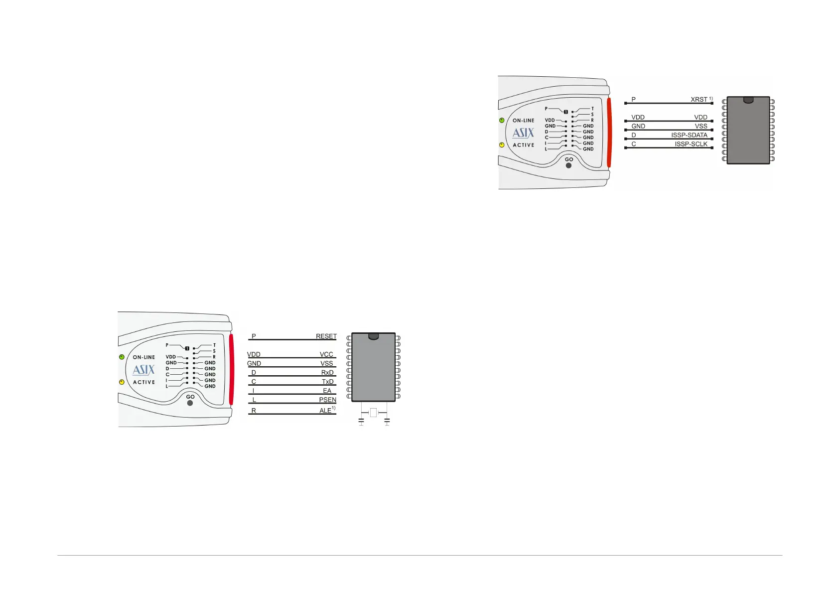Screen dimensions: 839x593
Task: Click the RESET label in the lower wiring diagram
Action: pos(326,336)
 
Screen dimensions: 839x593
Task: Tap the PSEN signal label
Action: pos(327,400)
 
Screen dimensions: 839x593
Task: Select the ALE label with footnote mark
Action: pos(327,410)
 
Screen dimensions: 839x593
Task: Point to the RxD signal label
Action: pos(327,373)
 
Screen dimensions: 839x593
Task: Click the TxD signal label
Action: pos(327,382)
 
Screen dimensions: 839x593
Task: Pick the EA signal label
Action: pos(327,391)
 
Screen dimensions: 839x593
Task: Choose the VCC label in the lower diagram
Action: pos(326,354)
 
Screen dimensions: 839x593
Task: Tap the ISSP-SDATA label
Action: pos(689,135)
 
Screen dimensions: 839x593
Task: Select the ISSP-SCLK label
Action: pos(691,144)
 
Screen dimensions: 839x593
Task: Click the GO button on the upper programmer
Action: pos(568,165)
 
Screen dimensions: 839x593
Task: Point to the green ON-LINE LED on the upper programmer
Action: pos(502,120)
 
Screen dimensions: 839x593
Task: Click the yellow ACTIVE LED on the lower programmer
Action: pos(122,382)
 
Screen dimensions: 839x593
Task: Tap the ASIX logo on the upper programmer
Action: pos(523,133)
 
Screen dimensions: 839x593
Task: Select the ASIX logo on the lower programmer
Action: pos(143,370)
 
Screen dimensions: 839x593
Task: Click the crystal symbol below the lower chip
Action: pos(374,412)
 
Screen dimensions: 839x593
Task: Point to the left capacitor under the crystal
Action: pos(361,422)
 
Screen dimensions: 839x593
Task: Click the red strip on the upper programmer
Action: pos(609,132)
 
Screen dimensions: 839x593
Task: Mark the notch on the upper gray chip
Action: pos(748,100)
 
